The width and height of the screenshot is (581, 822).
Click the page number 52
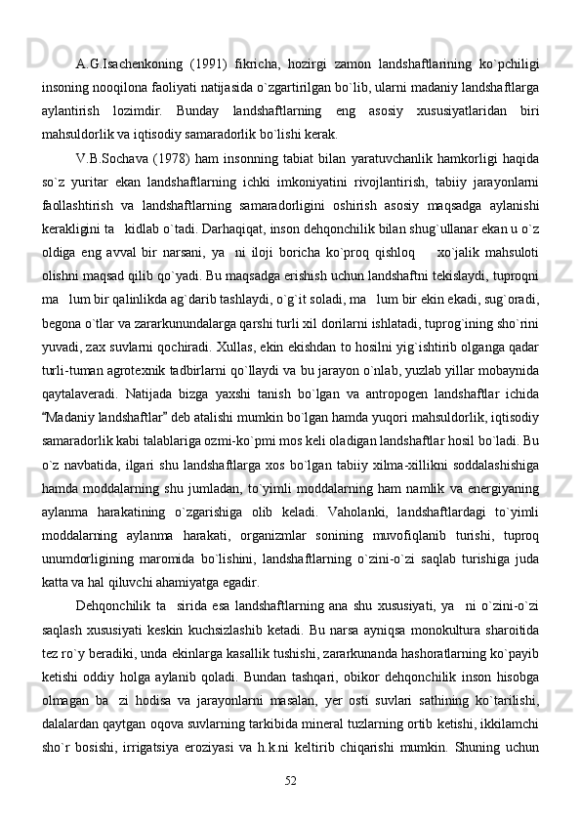[290, 778]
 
